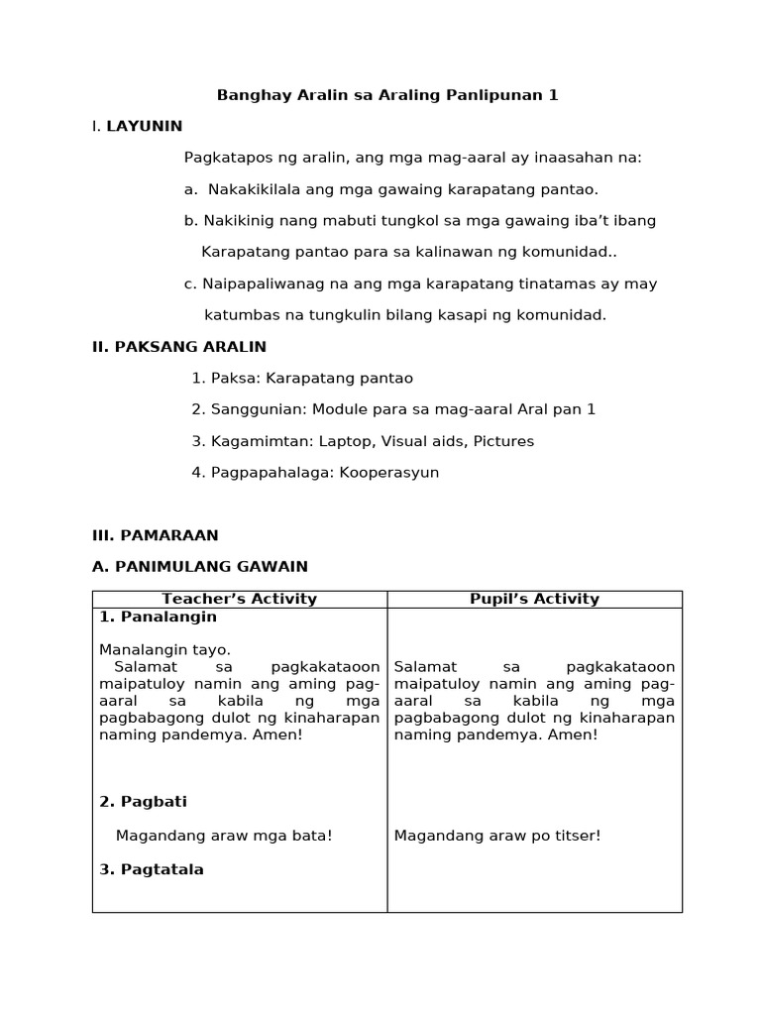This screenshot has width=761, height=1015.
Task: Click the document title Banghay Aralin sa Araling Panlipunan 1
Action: pos(387,95)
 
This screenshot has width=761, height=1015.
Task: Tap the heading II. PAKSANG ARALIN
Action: pos(178,347)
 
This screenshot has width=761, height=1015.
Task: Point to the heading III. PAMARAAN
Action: pos(155,535)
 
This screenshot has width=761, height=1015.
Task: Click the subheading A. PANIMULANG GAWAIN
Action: pos(199,567)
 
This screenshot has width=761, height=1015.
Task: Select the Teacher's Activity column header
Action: pos(239,599)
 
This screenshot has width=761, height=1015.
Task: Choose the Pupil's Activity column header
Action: pos(534,599)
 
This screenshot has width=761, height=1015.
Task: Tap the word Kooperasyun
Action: pos(389,473)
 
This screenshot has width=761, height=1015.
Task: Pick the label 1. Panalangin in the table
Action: pos(158,617)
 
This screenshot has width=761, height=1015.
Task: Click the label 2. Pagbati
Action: pos(143,801)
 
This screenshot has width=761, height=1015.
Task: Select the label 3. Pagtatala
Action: pos(152,869)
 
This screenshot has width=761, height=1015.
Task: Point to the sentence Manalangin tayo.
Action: pos(164,650)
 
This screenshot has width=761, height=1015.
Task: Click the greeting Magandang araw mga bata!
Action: pos(224,836)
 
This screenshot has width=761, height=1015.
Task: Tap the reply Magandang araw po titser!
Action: pos(497,836)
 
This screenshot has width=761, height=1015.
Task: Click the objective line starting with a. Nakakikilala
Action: pos(391,188)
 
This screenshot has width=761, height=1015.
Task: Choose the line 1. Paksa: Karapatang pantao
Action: pos(302,378)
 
